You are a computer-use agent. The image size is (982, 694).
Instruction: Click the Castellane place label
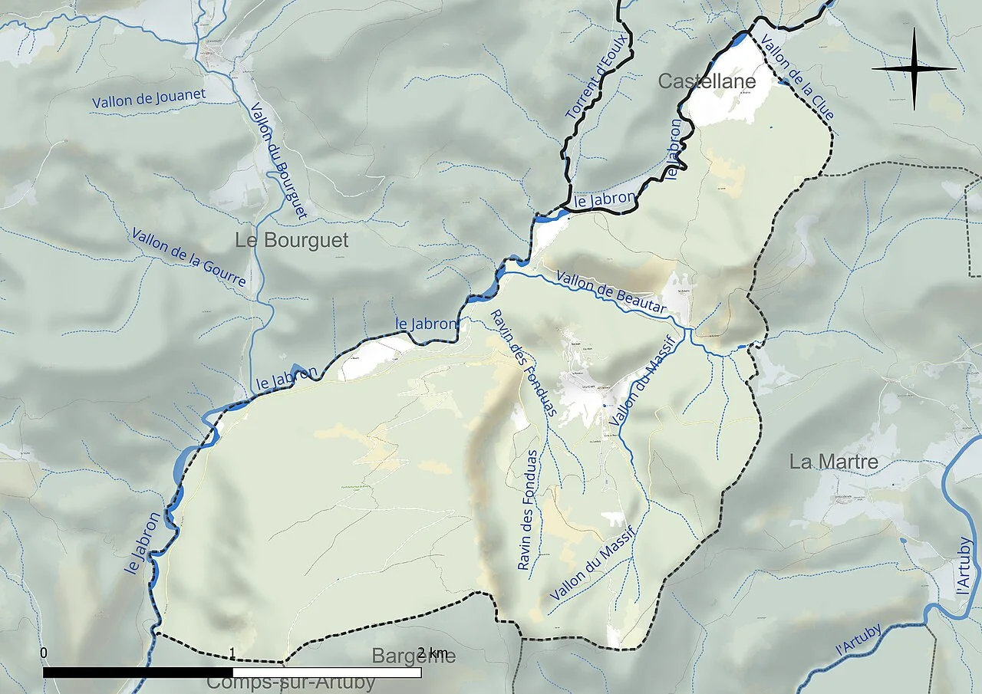(x=707, y=81)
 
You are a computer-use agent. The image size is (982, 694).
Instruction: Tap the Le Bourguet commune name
(x=292, y=240)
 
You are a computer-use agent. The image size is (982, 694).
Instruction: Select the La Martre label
(x=834, y=462)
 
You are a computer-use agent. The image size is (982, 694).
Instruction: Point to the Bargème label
(x=414, y=656)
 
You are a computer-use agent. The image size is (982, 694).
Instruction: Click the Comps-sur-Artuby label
(x=291, y=682)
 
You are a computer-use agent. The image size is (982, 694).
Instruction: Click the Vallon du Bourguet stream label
(x=278, y=160)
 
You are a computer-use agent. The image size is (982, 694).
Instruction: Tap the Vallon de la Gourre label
(x=188, y=257)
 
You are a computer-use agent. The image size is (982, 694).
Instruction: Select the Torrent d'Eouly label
(x=597, y=76)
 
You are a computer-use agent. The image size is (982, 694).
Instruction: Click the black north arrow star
(x=914, y=69)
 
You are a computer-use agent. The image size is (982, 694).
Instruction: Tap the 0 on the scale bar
(x=44, y=653)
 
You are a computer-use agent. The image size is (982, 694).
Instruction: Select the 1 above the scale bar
(x=232, y=653)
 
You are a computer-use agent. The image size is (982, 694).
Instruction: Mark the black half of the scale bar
(x=138, y=673)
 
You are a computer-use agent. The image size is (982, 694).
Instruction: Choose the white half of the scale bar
(x=327, y=673)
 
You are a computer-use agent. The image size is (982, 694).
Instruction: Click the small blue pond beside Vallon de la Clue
(x=783, y=81)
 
